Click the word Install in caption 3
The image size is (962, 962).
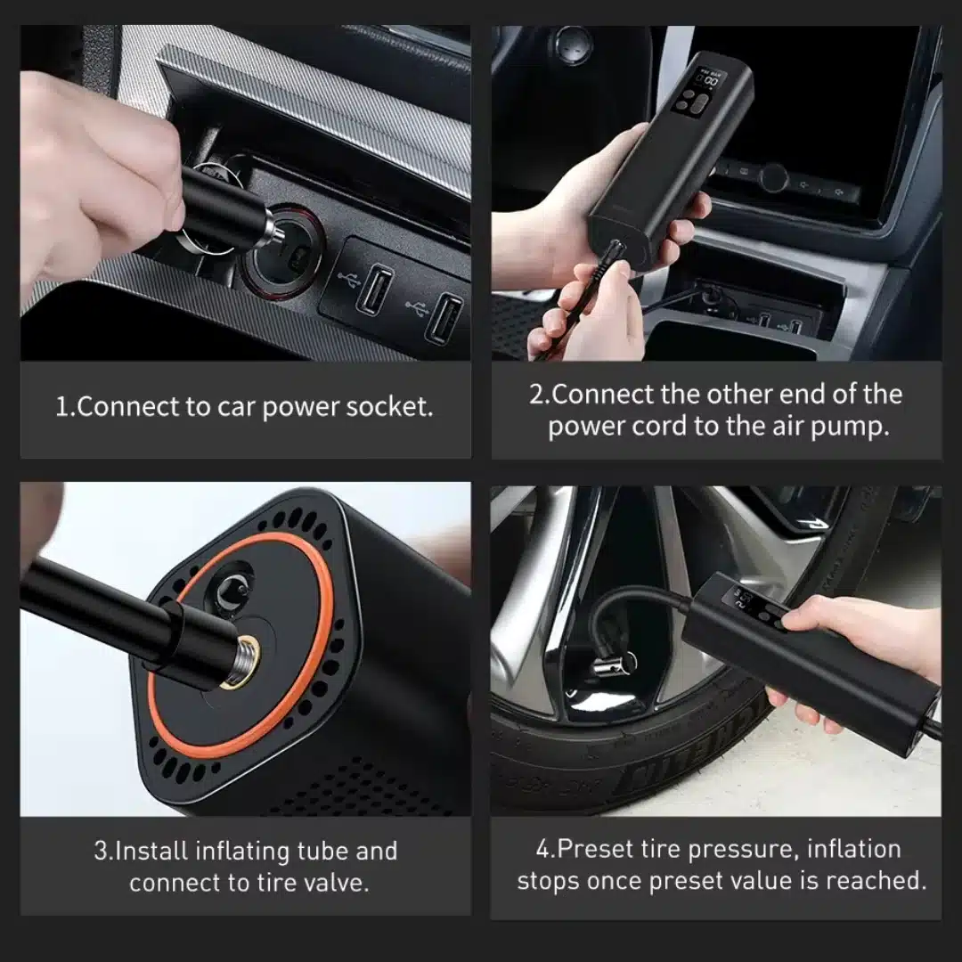coord(151,851)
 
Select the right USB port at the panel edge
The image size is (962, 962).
coord(444,319)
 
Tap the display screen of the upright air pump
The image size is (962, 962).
coord(701,92)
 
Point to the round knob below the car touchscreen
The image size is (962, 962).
coord(773,177)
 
